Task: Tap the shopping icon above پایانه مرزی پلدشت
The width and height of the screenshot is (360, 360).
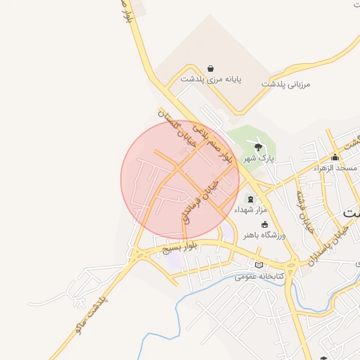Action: pyautogui.click(x=211, y=69)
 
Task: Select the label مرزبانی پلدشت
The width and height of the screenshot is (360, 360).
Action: pyautogui.click(x=286, y=84)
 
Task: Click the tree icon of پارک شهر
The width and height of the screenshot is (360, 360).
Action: pyautogui.click(x=258, y=147)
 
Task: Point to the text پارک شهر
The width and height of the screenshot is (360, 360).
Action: pyautogui.click(x=258, y=159)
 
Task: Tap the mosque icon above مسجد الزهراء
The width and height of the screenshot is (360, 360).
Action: pyautogui.click(x=335, y=157)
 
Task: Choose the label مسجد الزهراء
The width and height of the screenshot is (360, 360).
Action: pyautogui.click(x=336, y=168)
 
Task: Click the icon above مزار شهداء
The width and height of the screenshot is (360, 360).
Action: pyautogui.click(x=251, y=200)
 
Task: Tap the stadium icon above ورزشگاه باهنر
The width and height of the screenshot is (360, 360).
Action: pyautogui.click(x=264, y=224)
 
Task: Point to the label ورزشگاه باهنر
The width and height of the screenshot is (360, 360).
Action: pyautogui.click(x=264, y=236)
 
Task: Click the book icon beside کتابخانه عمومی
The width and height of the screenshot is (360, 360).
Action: pyautogui.click(x=259, y=265)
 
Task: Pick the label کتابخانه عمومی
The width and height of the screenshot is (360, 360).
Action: pyautogui.click(x=280, y=277)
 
